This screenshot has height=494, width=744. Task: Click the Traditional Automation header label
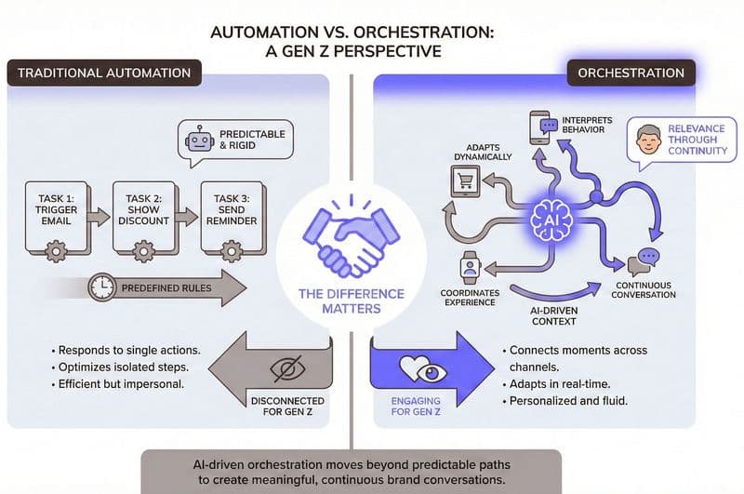coord(103,73)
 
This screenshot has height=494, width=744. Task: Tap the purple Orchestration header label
coord(631,73)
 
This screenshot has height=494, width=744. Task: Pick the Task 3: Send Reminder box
coord(229,218)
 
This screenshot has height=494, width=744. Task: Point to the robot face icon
coord(199,141)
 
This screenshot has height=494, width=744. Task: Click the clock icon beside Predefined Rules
coord(102,288)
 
